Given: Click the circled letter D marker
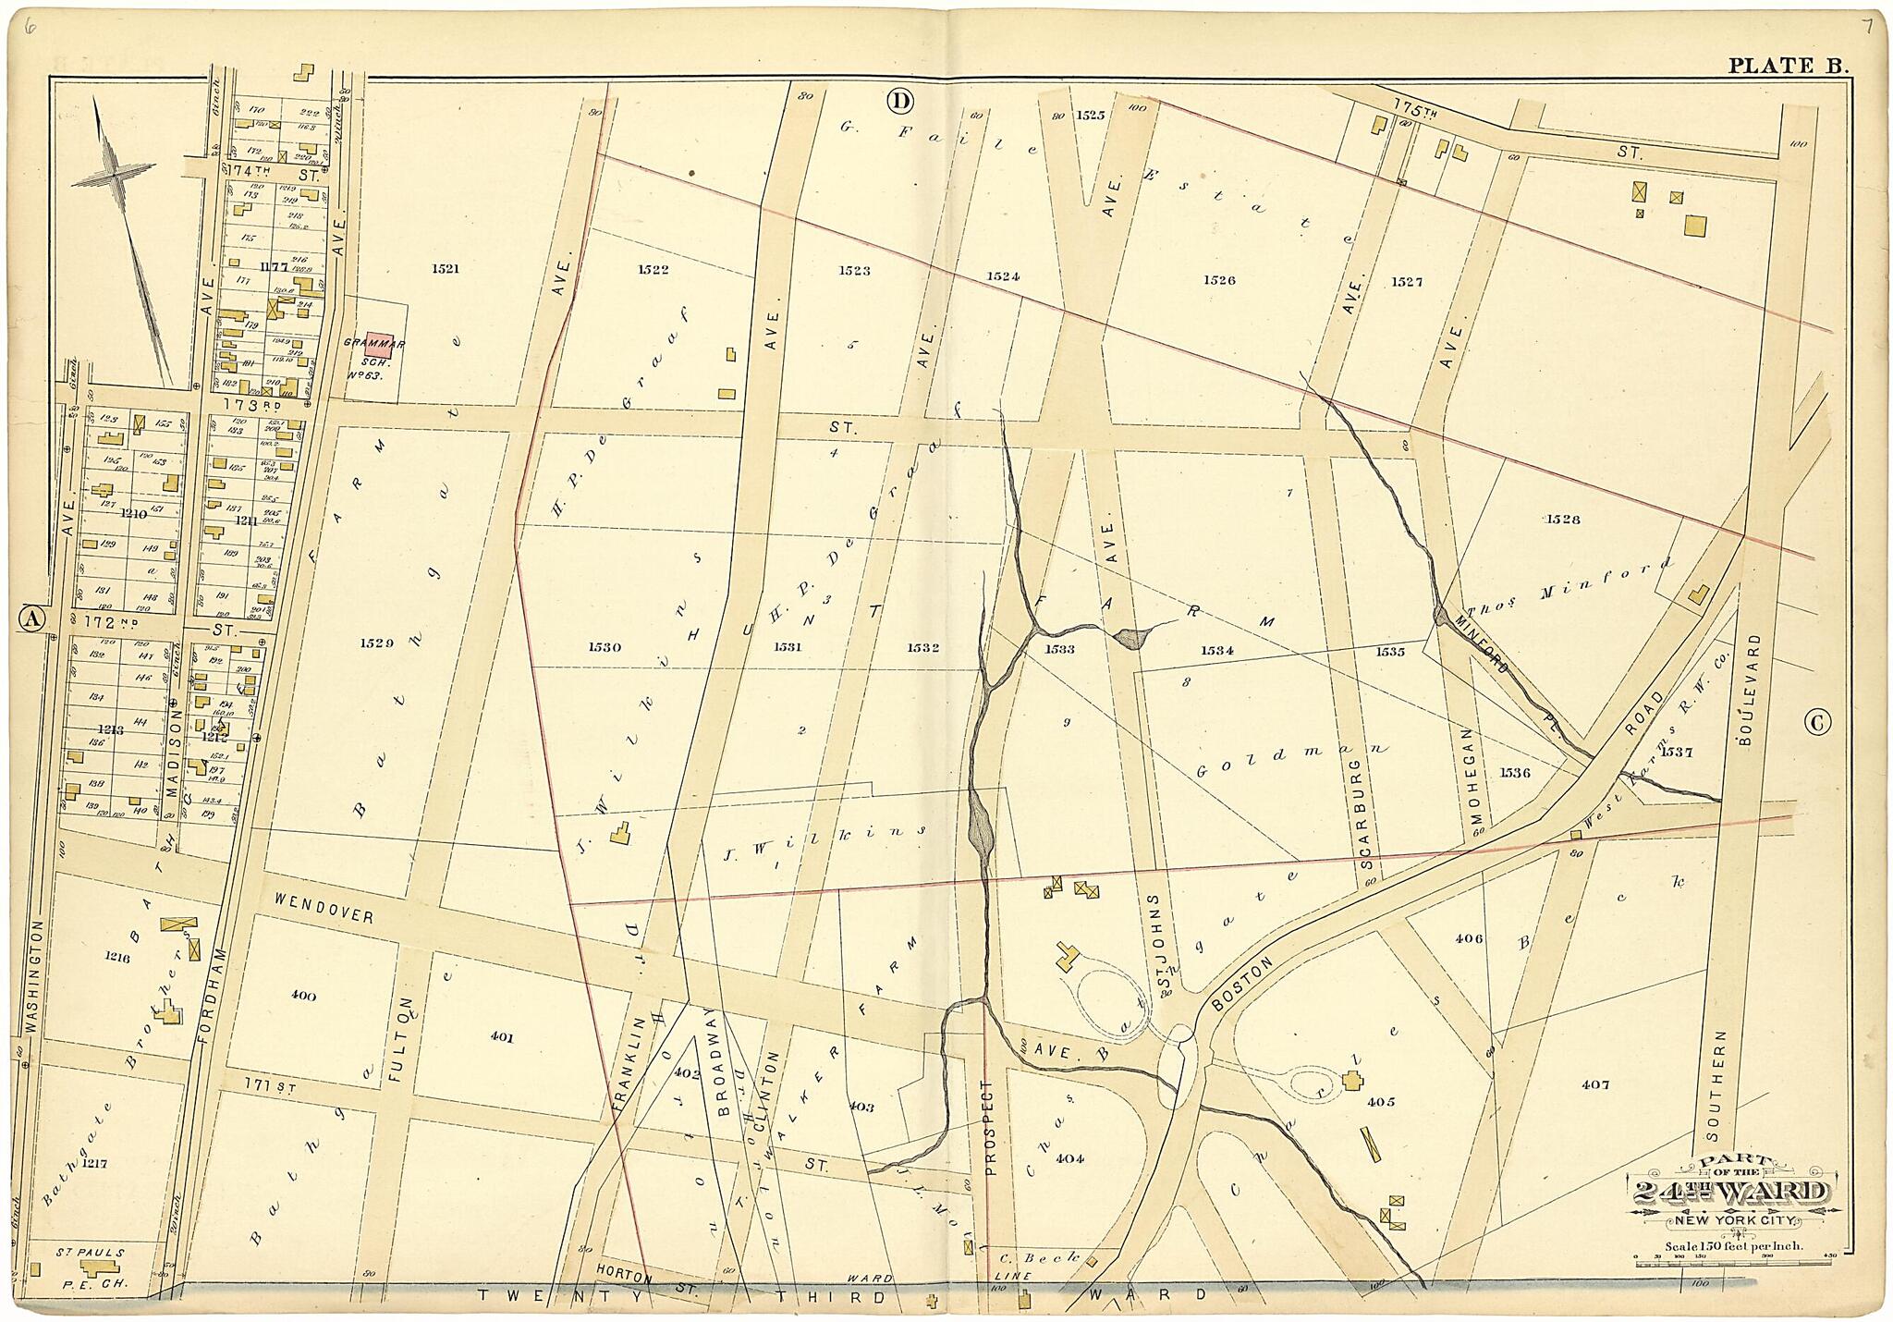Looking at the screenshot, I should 899,100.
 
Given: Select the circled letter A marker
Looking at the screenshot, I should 32,620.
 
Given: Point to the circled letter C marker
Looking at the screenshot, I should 1817,723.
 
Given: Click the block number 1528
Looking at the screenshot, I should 1562,520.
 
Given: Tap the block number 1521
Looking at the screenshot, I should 445,269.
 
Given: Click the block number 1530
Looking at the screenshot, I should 604,648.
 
